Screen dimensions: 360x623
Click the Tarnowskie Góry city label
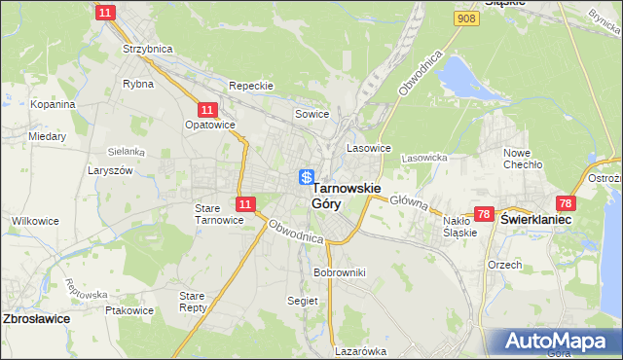point(346,195)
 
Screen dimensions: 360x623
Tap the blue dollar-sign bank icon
point(307,177)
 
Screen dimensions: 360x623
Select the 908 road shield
point(467,18)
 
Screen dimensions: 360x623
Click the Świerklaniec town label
point(535,221)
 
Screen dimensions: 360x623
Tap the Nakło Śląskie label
point(459,227)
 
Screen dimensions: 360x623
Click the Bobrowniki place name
point(339,272)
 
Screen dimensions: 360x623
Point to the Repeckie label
point(250,86)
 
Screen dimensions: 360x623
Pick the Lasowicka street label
point(423,157)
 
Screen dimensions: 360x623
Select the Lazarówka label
point(360,351)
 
